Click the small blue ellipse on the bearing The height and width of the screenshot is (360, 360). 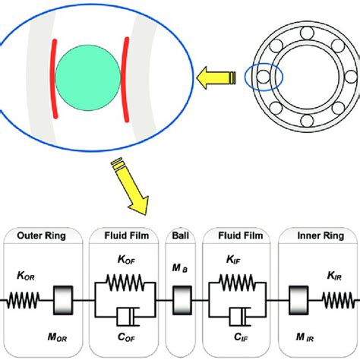point(263,78)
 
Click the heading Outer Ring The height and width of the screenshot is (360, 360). point(43,237)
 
